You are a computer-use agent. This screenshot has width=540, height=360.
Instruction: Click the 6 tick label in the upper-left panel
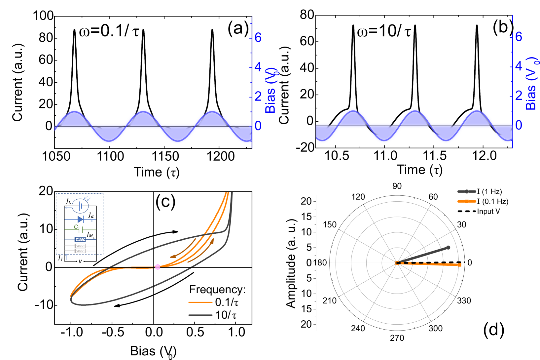(x=258, y=38)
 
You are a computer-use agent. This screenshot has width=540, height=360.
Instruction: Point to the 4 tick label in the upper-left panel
(x=258, y=67)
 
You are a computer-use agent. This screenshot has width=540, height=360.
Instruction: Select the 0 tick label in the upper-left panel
(x=258, y=126)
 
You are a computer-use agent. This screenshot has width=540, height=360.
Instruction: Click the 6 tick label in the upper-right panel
(x=519, y=37)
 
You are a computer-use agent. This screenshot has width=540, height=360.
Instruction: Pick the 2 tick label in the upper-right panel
(x=519, y=96)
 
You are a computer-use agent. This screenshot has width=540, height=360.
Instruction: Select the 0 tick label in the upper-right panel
(x=519, y=125)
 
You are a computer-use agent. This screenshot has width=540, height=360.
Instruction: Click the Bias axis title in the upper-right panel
(x=531, y=84)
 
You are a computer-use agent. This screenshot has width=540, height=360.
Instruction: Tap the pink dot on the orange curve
(x=158, y=267)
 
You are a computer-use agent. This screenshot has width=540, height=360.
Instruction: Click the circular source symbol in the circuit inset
(x=80, y=206)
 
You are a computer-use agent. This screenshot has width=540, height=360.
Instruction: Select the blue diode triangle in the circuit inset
(x=80, y=219)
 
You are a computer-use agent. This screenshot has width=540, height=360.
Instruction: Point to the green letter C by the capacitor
(x=76, y=227)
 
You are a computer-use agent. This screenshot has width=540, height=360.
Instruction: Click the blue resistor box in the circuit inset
(x=80, y=239)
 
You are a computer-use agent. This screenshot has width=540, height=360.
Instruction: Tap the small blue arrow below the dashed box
(x=66, y=257)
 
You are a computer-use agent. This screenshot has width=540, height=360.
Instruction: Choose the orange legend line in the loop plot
(x=200, y=302)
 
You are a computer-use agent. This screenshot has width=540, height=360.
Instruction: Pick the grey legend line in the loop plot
(x=200, y=315)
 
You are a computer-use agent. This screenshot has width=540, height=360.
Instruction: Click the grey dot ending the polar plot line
(x=448, y=247)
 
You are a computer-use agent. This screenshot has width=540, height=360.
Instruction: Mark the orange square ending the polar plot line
(x=459, y=265)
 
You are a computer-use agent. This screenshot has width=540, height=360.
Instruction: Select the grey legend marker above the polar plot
(x=466, y=191)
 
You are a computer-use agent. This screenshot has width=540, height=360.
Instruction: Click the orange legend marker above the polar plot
(x=466, y=201)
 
